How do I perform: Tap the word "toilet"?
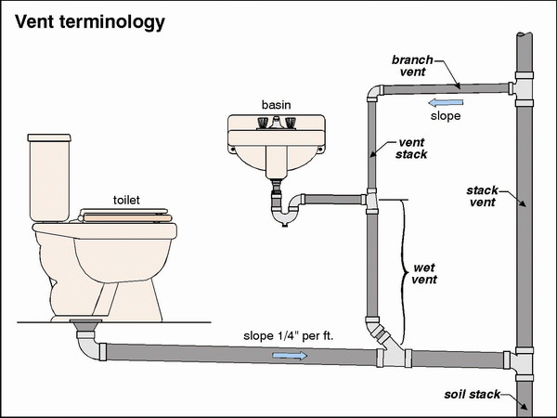(x=128, y=199)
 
